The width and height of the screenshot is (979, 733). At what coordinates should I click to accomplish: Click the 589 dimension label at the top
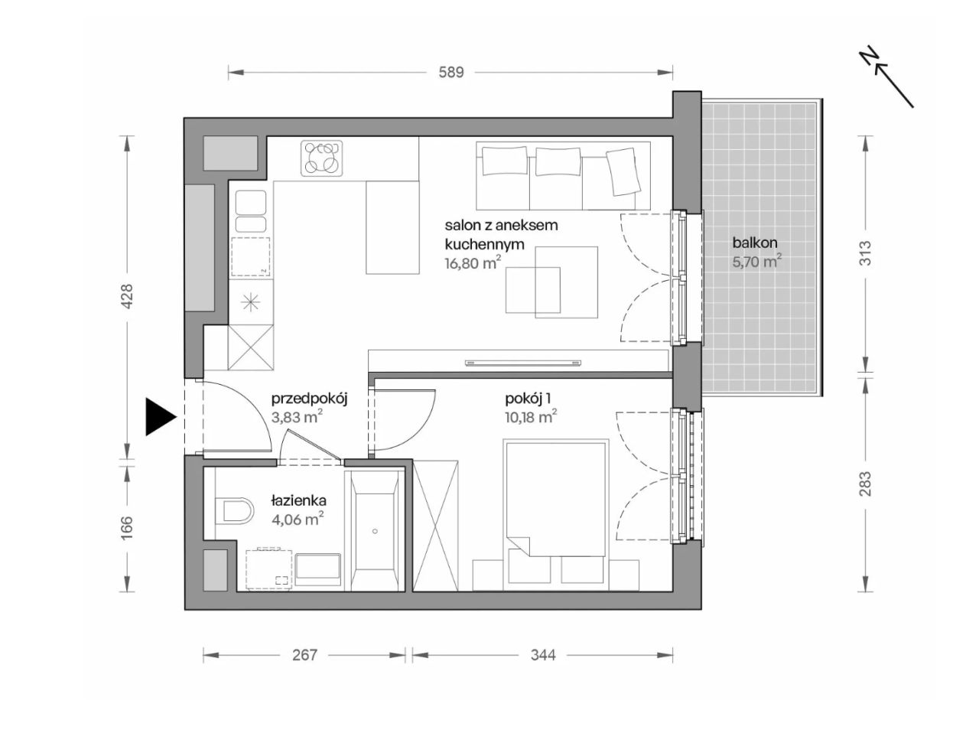[x=450, y=72]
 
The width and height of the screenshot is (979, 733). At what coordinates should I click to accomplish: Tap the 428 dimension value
[x=128, y=296]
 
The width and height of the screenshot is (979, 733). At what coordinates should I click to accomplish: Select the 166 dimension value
[x=128, y=527]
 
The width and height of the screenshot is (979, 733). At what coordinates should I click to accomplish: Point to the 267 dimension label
[x=304, y=654]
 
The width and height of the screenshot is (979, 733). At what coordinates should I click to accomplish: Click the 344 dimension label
[x=543, y=654]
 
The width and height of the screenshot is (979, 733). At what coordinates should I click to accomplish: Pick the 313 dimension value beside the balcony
[x=864, y=253]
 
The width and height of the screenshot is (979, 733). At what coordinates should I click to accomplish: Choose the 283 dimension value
[x=864, y=484]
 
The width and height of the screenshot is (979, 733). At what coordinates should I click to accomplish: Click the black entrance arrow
[x=161, y=417]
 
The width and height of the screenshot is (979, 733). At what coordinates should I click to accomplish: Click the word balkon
[x=755, y=243]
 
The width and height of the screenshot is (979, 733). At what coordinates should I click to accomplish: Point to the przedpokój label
[x=309, y=399]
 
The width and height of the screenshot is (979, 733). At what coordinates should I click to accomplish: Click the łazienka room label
[x=299, y=500]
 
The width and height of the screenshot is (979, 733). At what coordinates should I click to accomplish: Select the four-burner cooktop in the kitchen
[x=321, y=158]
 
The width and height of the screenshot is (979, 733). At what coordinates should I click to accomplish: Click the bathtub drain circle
[x=375, y=531]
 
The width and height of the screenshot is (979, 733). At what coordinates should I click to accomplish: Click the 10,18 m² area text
[x=531, y=418]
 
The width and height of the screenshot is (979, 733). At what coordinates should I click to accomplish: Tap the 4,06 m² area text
[x=298, y=519]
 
